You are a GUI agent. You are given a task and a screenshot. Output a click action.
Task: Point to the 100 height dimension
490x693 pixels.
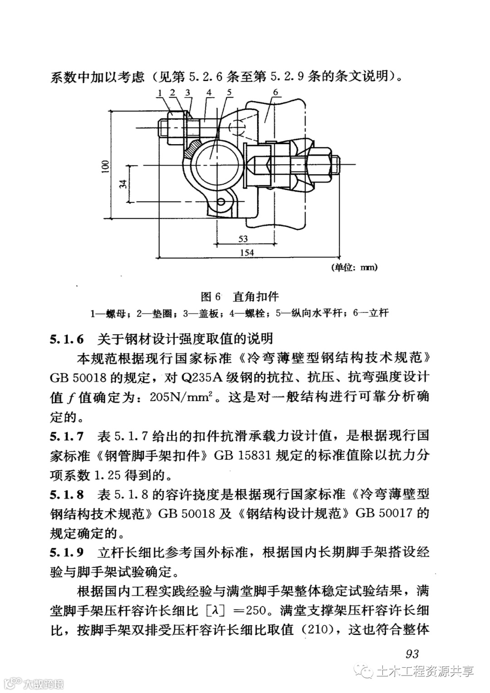click(x=105, y=166)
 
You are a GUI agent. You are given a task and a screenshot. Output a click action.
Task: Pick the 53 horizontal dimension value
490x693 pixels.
click(x=243, y=239)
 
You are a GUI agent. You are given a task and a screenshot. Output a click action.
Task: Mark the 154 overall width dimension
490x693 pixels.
click(x=246, y=253)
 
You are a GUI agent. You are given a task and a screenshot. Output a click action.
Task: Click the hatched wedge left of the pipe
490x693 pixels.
click(x=193, y=147)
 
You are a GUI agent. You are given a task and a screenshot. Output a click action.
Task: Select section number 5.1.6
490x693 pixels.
click(x=67, y=339)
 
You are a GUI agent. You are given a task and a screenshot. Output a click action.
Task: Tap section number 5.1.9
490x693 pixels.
click(x=67, y=552)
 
